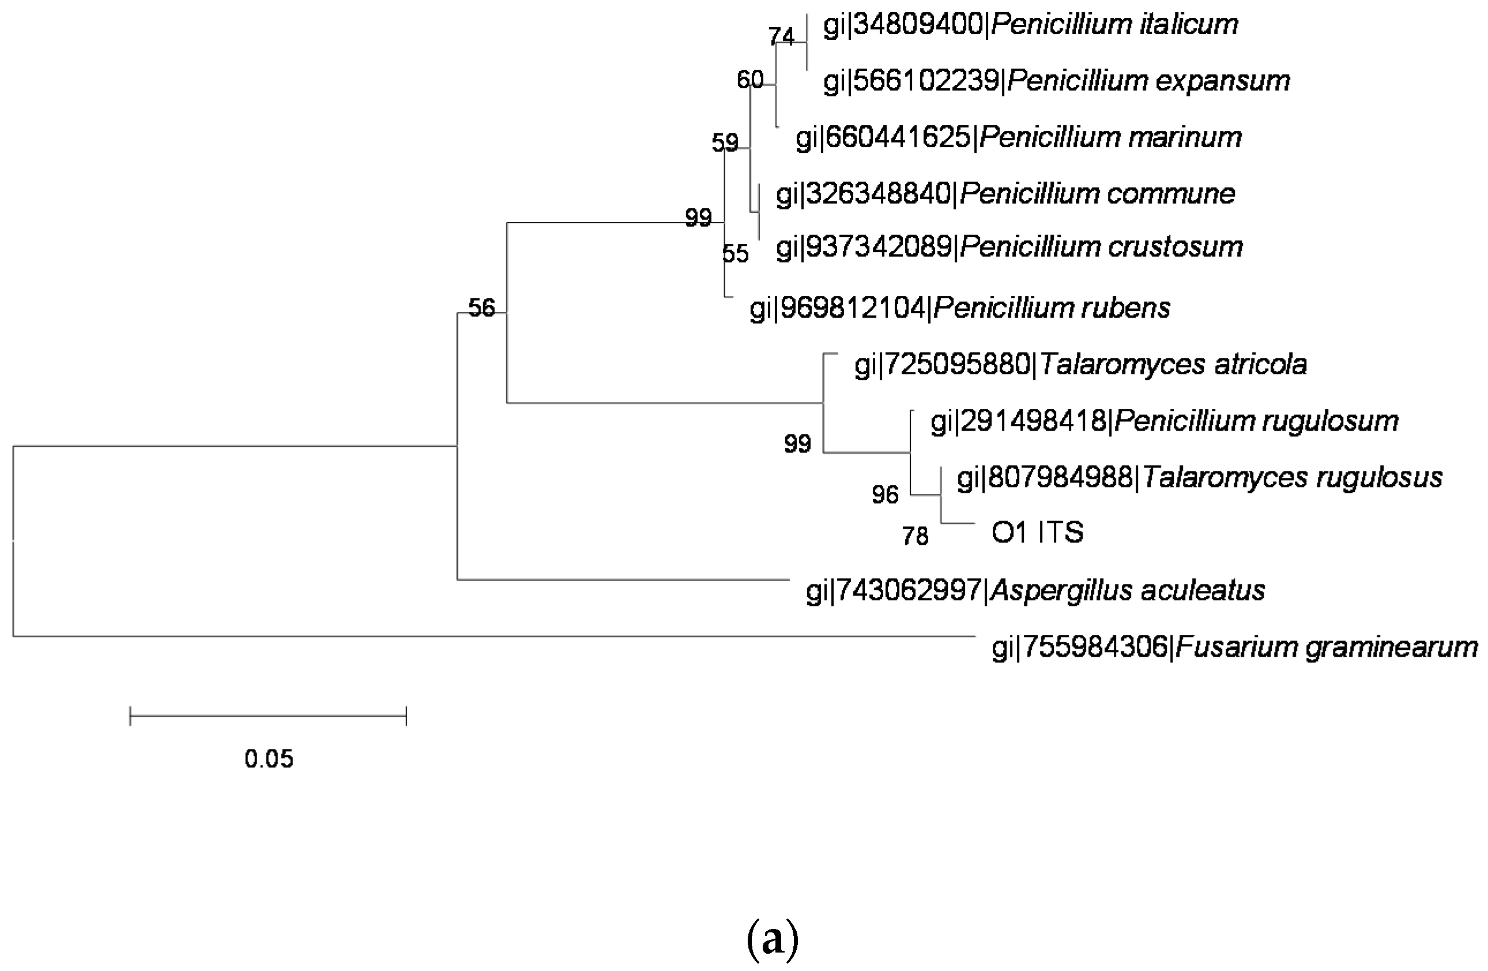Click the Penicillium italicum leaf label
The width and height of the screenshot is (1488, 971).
(1030, 25)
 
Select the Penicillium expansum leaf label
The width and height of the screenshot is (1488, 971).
(1057, 81)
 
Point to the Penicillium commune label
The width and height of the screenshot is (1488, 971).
(1005, 194)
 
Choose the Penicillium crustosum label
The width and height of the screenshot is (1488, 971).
(1009, 247)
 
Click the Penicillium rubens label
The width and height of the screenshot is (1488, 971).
(960, 308)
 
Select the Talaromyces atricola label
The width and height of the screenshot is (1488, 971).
(1080, 364)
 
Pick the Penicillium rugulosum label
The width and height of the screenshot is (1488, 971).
(1164, 421)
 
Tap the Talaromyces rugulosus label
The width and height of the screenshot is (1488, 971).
(1199, 477)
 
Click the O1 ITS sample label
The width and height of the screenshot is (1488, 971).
(1037, 533)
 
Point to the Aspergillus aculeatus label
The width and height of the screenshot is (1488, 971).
(1035, 590)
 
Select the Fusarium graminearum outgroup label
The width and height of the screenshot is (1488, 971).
(1234, 646)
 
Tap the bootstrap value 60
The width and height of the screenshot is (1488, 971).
(749, 80)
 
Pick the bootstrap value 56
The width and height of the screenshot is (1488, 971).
(481, 308)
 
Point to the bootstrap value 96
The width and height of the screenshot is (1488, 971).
(885, 495)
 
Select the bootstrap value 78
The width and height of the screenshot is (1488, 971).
(916, 536)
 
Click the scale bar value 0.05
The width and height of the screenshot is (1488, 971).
(269, 759)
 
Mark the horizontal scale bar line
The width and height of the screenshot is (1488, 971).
(268, 716)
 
